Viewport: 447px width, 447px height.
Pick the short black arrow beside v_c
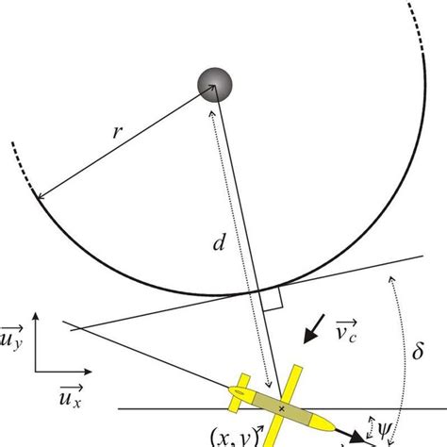[x=310, y=335]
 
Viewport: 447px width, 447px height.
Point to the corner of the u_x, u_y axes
[x=36, y=373]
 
